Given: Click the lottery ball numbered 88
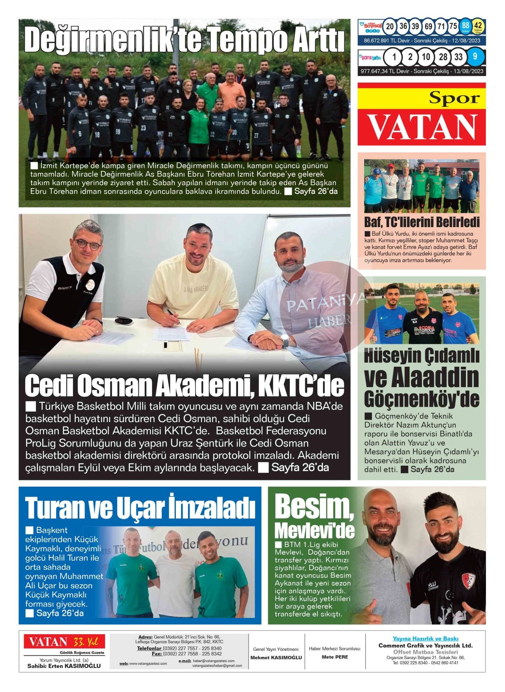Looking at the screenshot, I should point(466,26).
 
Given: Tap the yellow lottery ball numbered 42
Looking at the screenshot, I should point(479,26).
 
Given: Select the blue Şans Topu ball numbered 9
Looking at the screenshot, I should point(475,57).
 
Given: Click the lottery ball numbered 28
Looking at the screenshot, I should point(443,57).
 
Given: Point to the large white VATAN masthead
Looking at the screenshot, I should point(422,127).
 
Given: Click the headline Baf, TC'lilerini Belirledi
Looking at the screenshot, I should point(422,222).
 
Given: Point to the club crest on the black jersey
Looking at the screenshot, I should point(468,581).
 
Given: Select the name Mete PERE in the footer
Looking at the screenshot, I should point(334,657).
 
